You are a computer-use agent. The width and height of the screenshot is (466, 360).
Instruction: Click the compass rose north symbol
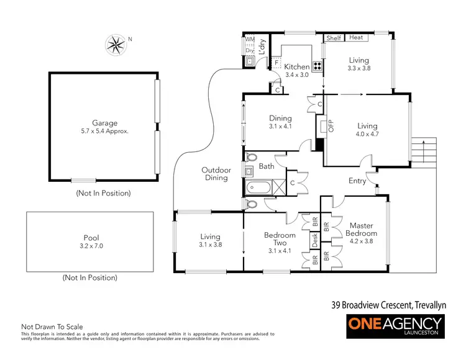pos(114,45)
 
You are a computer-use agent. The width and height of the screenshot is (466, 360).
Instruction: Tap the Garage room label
pos(103,123)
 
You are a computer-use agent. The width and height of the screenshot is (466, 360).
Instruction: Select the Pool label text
pos(91,238)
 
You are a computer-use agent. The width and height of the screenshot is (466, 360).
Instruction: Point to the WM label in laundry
pos(250,40)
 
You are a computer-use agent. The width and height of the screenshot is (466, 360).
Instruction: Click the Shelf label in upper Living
pos(334,38)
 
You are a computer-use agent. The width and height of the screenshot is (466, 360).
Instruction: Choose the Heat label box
pos(356,38)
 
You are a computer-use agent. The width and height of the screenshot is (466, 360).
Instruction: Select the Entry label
pos(357,181)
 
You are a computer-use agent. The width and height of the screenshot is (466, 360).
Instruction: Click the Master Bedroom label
pos(361,230)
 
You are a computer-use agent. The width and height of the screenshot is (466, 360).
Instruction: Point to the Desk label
pos(315,238)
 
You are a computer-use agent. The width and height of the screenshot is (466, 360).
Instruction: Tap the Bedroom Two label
pos(280,240)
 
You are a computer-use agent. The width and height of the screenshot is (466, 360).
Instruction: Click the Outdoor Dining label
pos(216,174)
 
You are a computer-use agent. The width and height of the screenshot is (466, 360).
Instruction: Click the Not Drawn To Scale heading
pos(52,326)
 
